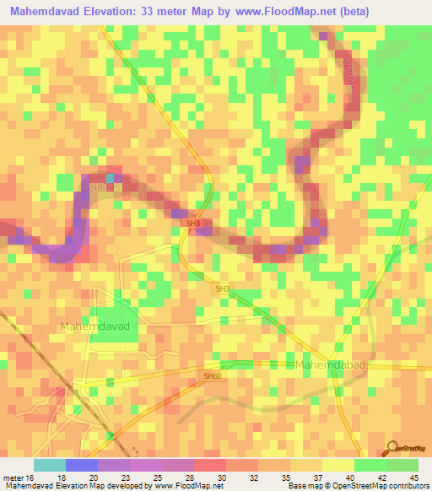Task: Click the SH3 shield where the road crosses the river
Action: point(192,224)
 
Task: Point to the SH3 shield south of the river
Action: point(223,289)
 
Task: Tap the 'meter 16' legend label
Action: point(19,478)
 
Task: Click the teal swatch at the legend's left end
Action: point(50,465)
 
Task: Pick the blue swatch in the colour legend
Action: point(81,465)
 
